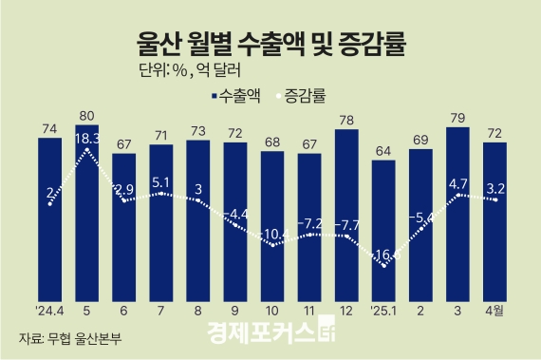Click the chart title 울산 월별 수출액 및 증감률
270,44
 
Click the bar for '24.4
50,218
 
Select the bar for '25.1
383,228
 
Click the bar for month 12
346,214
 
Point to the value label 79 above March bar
457,118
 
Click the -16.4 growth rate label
383,255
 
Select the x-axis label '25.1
383,310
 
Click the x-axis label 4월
494,310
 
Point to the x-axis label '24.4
50,310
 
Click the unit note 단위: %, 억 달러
176,70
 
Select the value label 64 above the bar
383,150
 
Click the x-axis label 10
272,310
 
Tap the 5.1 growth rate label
161,182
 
